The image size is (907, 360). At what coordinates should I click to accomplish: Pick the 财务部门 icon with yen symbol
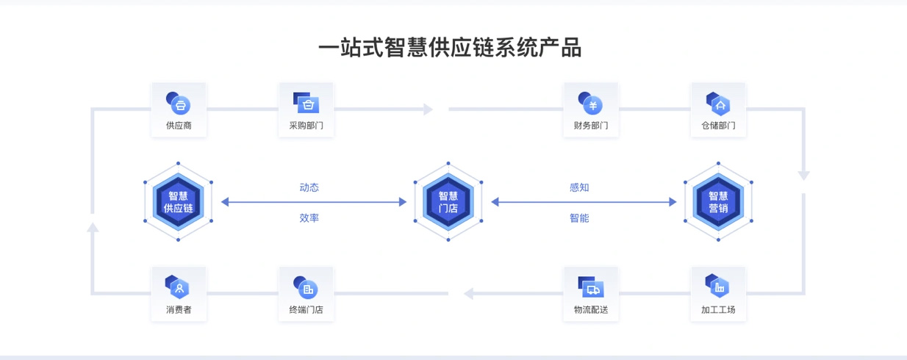pos(590,103)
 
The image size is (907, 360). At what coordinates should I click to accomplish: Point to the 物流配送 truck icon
pos(590,287)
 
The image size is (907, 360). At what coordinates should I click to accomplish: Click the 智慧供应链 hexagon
pos(179,202)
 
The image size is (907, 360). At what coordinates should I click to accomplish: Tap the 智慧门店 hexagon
pos(448,202)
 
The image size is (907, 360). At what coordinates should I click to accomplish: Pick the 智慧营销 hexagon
pos(718,202)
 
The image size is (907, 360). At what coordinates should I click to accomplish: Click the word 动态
pos(309,187)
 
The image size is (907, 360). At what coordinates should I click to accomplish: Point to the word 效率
pos(309,218)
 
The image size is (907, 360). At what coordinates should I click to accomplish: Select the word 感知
pos(579,187)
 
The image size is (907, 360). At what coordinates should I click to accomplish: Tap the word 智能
pos(579,218)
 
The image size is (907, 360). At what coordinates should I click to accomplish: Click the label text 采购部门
pos(306,126)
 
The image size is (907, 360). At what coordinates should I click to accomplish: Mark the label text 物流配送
pos(590,309)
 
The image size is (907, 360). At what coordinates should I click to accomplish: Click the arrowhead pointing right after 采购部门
pos(429,109)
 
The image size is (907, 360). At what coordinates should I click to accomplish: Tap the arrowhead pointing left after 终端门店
pos(468,294)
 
